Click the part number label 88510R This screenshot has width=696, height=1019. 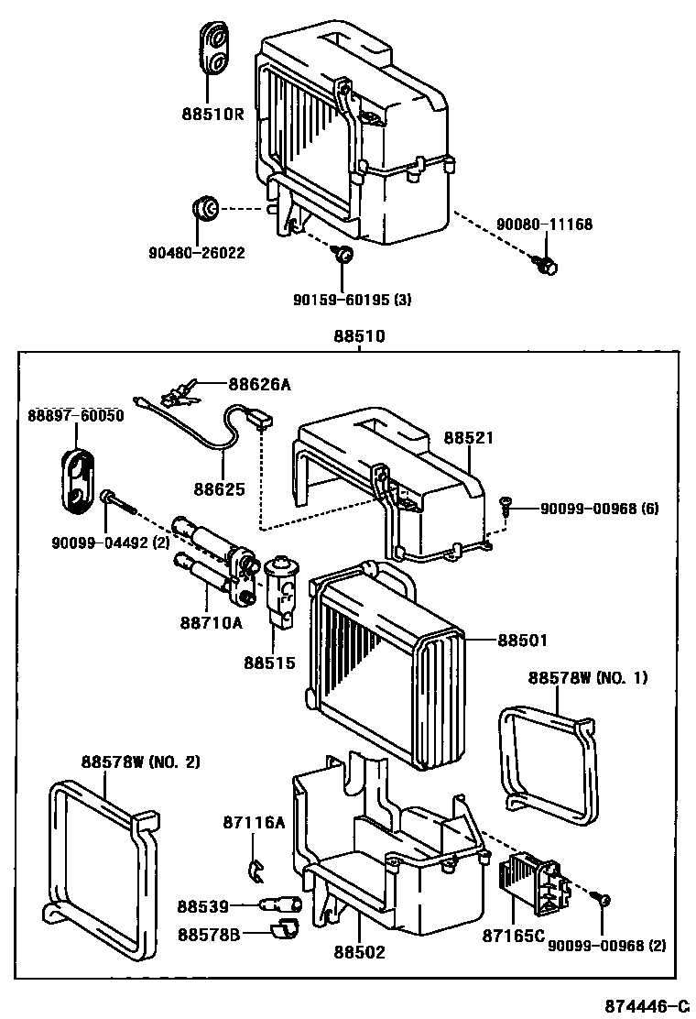pyautogui.click(x=212, y=115)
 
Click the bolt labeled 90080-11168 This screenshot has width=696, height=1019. pyautogui.click(x=546, y=266)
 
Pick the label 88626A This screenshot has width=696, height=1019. pyautogui.click(x=259, y=385)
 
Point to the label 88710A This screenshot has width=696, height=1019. pyautogui.click(x=211, y=623)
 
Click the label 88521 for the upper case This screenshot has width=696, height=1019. pyautogui.click(x=469, y=438)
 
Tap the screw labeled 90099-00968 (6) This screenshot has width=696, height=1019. pyautogui.click(x=505, y=502)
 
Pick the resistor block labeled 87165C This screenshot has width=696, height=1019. pyautogui.click(x=533, y=884)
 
